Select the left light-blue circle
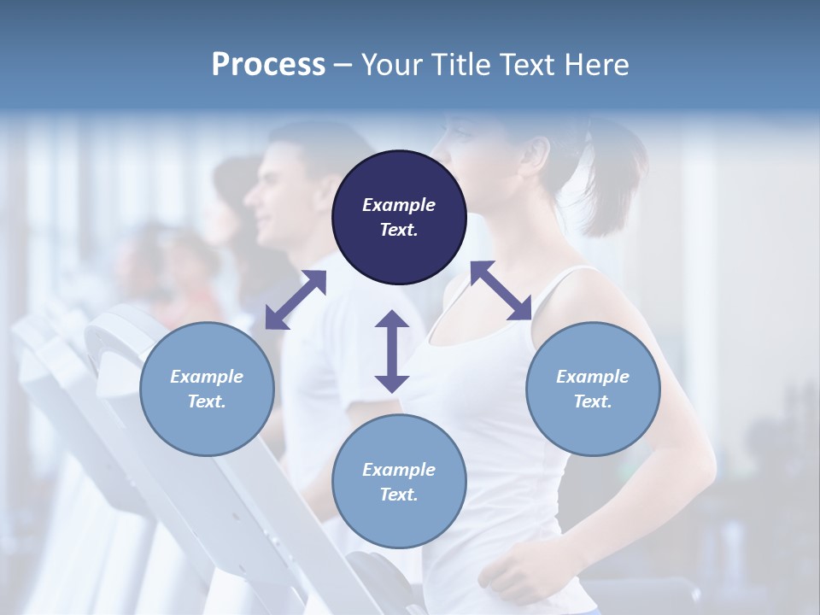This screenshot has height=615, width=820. pos(207,389)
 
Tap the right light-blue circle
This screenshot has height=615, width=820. pos(593,389)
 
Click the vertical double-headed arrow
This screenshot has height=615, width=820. pos(392,351)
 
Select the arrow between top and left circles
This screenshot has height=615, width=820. pos(296,300)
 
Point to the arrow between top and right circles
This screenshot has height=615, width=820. pos(501,290)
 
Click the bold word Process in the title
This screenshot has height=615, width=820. pos(268,64)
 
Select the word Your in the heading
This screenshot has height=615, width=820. pos(389,64)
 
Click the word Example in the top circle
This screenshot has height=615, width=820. pos(399,205)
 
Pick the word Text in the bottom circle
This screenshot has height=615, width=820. pos(397,495)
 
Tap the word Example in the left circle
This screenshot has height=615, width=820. pos(207,377)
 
